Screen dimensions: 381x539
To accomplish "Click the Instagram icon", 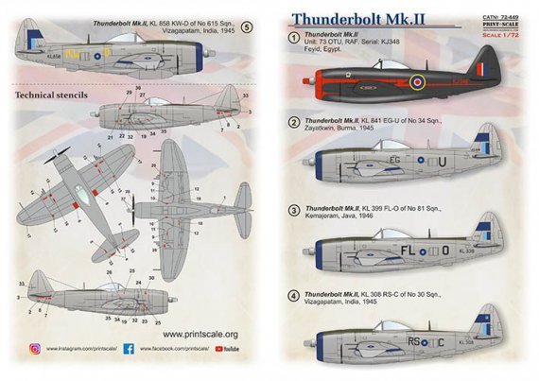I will [x=34, y=349].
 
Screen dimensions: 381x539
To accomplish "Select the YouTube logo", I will [x=227, y=349].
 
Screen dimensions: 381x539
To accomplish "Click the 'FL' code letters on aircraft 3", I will [x=415, y=251].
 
